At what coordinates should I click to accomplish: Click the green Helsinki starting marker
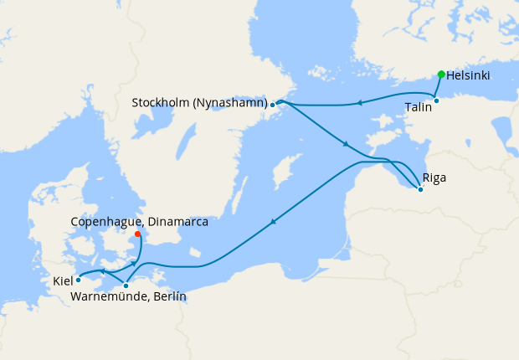(441, 74)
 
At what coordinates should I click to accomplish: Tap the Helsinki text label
(468, 75)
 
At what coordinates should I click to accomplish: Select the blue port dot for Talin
(436, 100)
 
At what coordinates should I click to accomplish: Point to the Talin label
(418, 108)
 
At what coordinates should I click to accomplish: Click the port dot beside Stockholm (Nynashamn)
(273, 105)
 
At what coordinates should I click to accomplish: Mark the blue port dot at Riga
(420, 190)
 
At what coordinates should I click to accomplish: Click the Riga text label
(434, 177)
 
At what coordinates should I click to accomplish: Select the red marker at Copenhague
(137, 234)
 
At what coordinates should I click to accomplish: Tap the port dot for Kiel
(79, 280)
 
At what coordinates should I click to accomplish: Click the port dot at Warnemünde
(126, 285)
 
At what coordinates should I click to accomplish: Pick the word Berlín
(170, 297)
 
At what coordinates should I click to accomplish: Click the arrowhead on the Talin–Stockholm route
(357, 104)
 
